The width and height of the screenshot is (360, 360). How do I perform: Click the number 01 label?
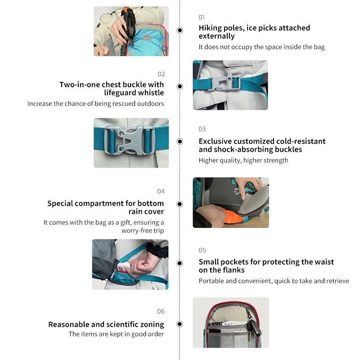(x=202, y=17)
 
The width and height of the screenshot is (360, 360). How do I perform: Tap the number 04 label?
(x=161, y=191)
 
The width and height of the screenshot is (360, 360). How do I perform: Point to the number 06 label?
(x=161, y=311)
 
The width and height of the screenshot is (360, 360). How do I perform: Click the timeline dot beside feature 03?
(x=180, y=141)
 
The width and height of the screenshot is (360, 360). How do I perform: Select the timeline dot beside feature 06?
(x=180, y=324)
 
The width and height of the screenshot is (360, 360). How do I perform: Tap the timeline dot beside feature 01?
(x=180, y=30)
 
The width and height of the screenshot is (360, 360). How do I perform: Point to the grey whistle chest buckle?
(x=224, y=82)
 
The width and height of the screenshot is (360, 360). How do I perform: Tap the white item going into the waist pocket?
(x=124, y=267)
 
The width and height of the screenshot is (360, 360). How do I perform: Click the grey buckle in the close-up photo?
(x=128, y=140)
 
